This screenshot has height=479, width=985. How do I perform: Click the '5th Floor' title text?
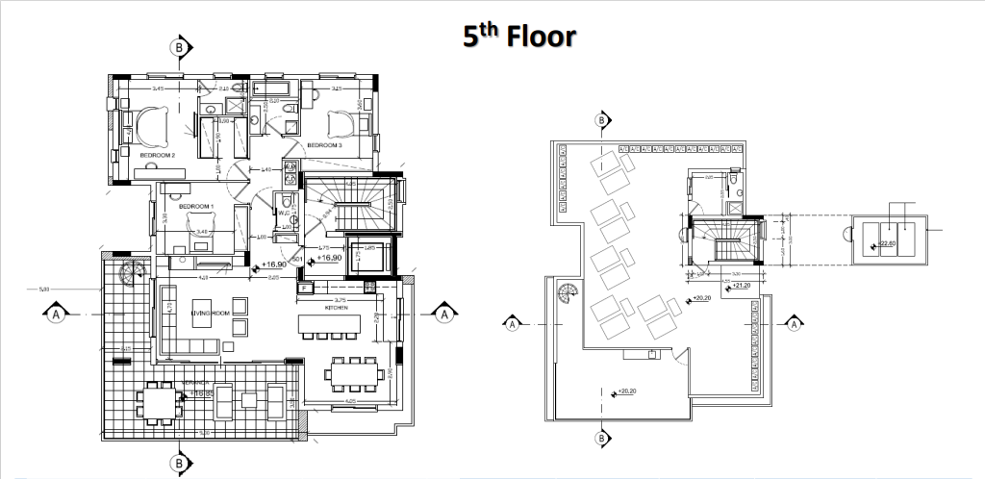coord(518,37)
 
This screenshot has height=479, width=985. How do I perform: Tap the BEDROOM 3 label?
coord(324,145)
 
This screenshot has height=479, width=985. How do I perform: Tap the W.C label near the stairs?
coord(285,214)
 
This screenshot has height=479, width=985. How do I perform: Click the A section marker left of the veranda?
coord(57,313)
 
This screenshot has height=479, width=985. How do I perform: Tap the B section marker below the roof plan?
coord(602,440)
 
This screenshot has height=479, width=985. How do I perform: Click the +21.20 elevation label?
coord(741,286)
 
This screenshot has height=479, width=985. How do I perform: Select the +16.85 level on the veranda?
coord(200,392)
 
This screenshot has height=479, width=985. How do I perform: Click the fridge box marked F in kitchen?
coord(303,288)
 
